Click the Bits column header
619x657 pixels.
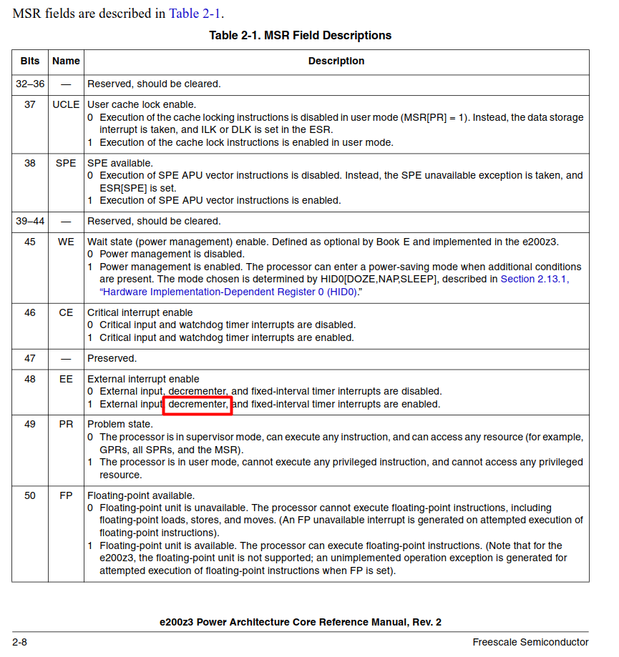coord(30,61)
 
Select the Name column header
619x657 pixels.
coord(66,61)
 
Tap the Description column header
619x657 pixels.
coord(336,61)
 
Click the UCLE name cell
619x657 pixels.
coord(66,104)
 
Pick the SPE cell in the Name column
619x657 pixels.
coord(66,163)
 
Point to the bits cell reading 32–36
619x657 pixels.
coord(30,84)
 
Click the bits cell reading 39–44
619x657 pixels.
coord(30,221)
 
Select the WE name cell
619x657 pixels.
coord(66,242)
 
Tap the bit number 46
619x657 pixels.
coord(30,312)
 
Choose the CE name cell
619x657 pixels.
coord(66,312)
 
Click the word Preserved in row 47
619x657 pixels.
coord(112,358)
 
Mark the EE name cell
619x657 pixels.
coord(66,379)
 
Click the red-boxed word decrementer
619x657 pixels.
coord(198,405)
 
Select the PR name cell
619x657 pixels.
coord(66,424)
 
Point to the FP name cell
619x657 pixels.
coord(66,495)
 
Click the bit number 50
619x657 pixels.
coord(30,495)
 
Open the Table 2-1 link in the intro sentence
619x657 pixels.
coord(195,14)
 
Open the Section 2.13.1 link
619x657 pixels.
coord(534,279)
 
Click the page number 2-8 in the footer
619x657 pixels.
coord(19,642)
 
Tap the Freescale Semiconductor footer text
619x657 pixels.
coord(530,642)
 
